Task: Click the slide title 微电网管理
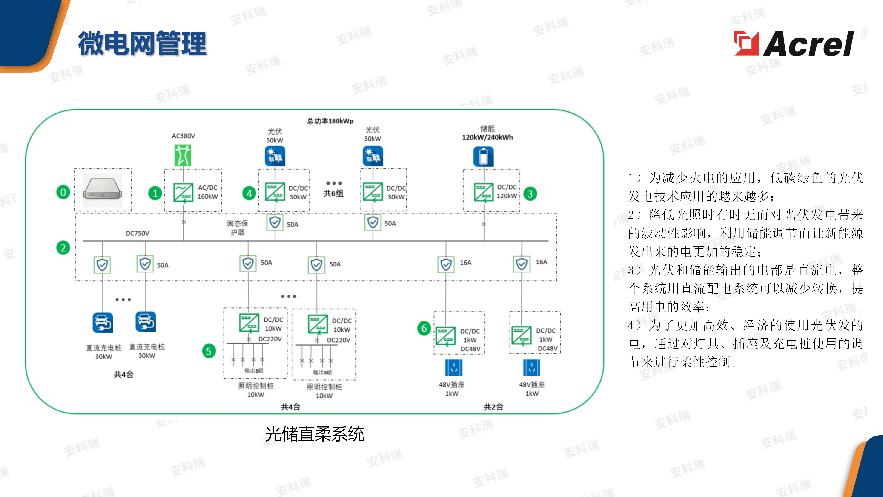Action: tap(142, 43)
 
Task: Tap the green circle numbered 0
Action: tap(63, 192)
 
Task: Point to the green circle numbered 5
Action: tap(209, 351)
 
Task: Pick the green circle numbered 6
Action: tap(424, 328)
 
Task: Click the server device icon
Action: tap(103, 190)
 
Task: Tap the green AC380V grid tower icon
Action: tap(183, 155)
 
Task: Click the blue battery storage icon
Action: tap(483, 156)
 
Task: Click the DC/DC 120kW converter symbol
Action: tap(483, 192)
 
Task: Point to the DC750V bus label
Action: tap(138, 233)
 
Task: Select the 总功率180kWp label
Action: tap(330, 121)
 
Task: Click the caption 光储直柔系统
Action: tap(314, 434)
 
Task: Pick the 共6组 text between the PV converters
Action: tap(333, 194)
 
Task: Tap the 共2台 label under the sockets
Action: tap(493, 407)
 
